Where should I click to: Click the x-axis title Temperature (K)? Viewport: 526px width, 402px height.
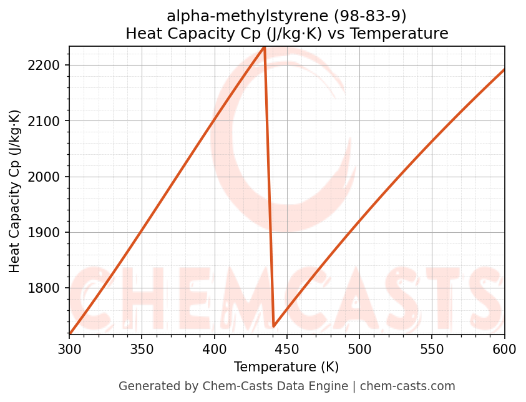pyautogui.click(x=286, y=367)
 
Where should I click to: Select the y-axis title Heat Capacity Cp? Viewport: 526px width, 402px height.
pyautogui.click(x=15, y=191)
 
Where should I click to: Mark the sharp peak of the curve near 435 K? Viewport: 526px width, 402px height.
pyautogui.click(x=265, y=47)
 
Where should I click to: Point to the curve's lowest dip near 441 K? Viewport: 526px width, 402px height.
pyautogui.click(x=274, y=326)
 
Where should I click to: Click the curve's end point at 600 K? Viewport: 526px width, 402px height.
pyautogui.click(x=504, y=69)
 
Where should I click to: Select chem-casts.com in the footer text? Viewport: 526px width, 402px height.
pyautogui.click(x=407, y=386)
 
